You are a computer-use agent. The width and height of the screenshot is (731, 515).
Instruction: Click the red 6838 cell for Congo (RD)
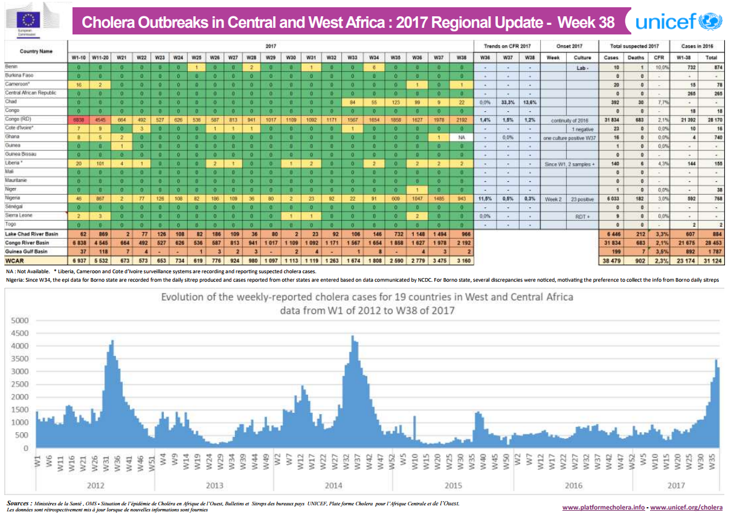(79, 120)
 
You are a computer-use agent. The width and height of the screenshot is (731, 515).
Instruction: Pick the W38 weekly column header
(461, 57)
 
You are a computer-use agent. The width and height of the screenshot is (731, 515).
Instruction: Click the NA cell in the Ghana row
(461, 138)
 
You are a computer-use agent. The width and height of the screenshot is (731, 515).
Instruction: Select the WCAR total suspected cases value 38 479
(611, 259)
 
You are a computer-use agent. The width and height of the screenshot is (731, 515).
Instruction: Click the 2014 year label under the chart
(334, 485)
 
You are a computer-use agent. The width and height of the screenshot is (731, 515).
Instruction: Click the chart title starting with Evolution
(366, 297)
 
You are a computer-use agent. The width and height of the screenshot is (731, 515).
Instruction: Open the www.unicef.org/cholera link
(686, 507)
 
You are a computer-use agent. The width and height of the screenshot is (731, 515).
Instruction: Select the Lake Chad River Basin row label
(32, 233)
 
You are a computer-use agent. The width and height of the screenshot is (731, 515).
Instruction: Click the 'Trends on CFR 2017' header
(507, 46)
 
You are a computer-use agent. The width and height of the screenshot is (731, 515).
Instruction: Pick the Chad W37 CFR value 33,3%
(508, 103)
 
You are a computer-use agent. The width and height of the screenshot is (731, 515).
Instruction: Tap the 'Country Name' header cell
(36, 51)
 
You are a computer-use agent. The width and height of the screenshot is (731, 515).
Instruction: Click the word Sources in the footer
(19, 503)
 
